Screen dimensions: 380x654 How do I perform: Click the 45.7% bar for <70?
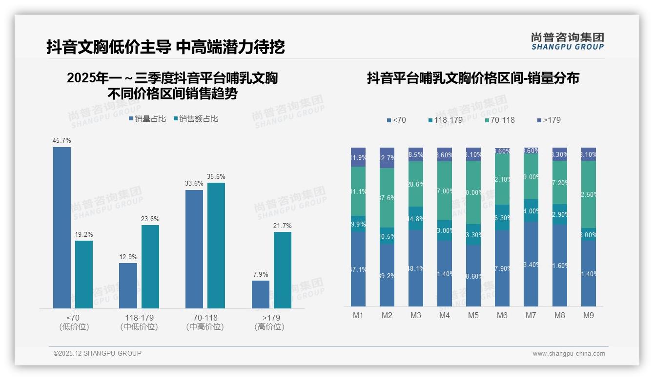pyautogui.click(x=62, y=228)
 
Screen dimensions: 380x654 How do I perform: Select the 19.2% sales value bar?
pyautogui.click(x=84, y=274)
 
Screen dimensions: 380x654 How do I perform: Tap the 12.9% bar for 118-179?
pyautogui.click(x=128, y=285)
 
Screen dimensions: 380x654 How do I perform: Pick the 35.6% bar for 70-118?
pyautogui.click(x=216, y=245)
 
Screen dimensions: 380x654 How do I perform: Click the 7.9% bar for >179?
pyautogui.click(x=261, y=294)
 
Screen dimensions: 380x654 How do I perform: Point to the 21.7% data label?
pyautogui.click(x=283, y=226)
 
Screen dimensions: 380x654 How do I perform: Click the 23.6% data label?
pyautogui.click(x=150, y=219)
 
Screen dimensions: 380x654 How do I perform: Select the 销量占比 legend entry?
pyautogui.click(x=147, y=119)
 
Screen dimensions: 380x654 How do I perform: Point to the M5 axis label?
pyautogui.click(x=473, y=316)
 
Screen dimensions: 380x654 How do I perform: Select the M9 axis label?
pyautogui.click(x=589, y=316)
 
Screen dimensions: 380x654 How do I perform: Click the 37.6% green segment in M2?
pyautogui.click(x=387, y=198)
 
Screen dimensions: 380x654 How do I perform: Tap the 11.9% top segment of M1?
pyautogui.click(x=358, y=157)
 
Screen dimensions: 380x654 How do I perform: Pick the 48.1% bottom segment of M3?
pyautogui.click(x=416, y=268)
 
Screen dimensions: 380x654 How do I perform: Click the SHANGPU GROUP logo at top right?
pyautogui.click(x=567, y=41)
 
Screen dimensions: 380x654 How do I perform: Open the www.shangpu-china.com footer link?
pyautogui.click(x=569, y=354)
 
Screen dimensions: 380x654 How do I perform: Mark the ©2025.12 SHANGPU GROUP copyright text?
pyautogui.click(x=98, y=353)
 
